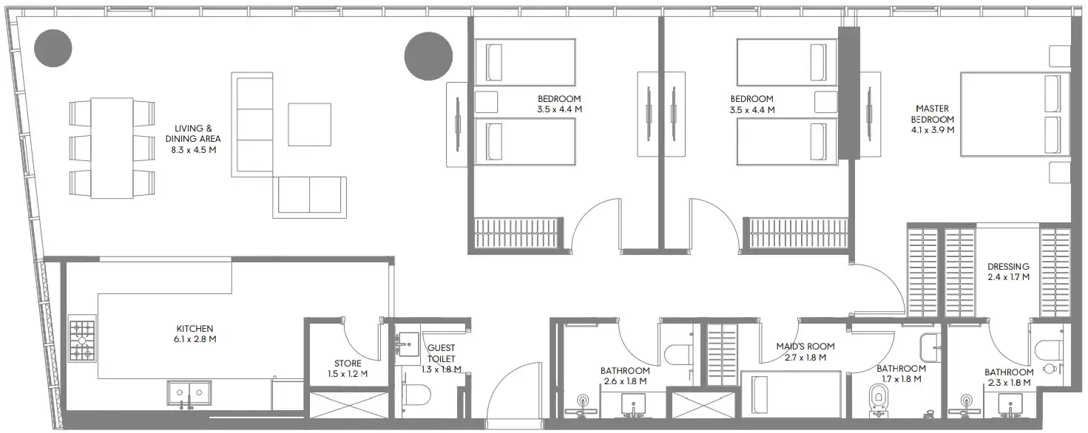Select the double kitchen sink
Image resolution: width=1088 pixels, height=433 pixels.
[x=190, y=393]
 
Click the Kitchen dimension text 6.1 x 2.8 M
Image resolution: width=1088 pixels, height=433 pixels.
[x=195, y=339]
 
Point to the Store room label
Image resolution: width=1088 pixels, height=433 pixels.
[x=348, y=363]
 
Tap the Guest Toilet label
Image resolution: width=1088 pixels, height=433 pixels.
[x=442, y=353]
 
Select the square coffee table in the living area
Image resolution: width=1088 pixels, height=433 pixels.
[x=310, y=124]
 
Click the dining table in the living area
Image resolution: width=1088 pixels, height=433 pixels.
[x=112, y=148]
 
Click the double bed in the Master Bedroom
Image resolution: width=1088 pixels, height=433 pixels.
[x=1015, y=114]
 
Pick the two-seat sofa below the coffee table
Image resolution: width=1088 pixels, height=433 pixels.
[x=310, y=196]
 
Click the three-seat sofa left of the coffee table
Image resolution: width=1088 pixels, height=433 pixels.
[x=252, y=124]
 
